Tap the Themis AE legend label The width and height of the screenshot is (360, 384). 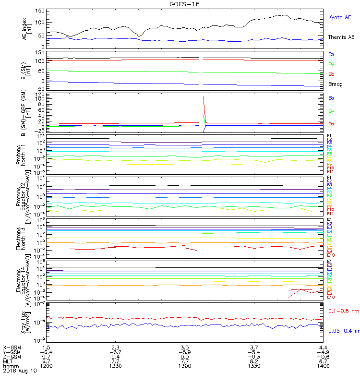click(341, 37)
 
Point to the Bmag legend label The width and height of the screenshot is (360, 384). click(335, 84)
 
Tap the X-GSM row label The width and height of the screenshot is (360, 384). click(12, 347)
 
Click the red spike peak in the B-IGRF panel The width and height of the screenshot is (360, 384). click(204, 97)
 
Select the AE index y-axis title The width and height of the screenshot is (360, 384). click(27, 28)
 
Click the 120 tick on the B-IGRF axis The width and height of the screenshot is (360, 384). click(41, 95)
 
